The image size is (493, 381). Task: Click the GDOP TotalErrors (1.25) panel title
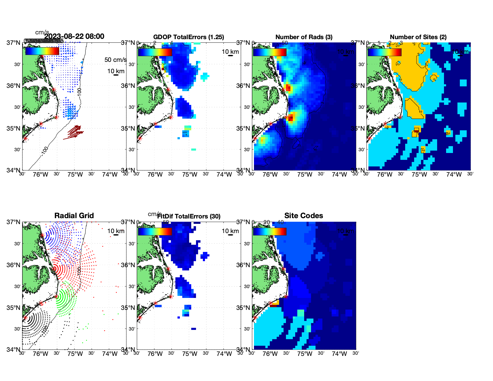click(x=189, y=37)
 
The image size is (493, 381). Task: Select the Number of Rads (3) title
click(x=304, y=37)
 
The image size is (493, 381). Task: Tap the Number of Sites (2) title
click(x=418, y=37)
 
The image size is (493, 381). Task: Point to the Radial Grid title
click(x=74, y=216)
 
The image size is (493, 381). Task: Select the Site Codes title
click(x=304, y=216)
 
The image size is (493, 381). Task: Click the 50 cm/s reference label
click(x=115, y=60)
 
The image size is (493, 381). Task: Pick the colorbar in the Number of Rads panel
click(x=270, y=52)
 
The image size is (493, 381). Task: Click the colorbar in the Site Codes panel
click(x=270, y=232)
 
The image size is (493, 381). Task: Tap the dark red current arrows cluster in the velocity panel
click(x=74, y=132)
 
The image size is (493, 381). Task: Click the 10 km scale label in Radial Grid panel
click(x=116, y=231)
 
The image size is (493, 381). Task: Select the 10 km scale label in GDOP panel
click(x=230, y=52)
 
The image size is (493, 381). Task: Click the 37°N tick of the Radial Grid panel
click(x=13, y=222)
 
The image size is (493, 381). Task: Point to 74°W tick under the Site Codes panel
click(x=339, y=354)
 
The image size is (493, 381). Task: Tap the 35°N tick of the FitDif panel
click(x=128, y=308)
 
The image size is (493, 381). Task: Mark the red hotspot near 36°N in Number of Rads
click(x=288, y=88)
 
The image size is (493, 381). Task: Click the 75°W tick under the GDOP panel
click(x=189, y=175)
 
